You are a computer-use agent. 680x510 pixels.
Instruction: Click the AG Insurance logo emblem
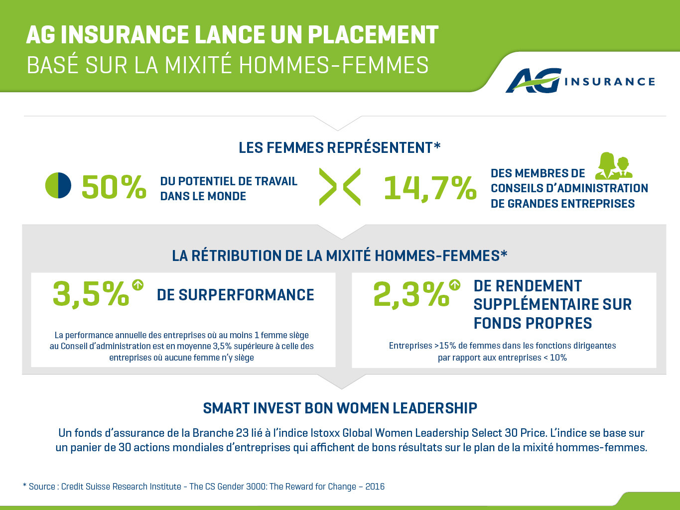click(534, 81)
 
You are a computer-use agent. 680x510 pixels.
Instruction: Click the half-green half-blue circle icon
click(58, 185)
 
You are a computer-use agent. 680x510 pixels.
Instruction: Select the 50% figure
click(114, 187)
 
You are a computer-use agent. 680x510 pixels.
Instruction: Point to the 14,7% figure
click(430, 188)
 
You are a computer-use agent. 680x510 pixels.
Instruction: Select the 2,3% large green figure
click(411, 294)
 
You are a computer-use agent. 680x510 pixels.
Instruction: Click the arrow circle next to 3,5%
click(138, 285)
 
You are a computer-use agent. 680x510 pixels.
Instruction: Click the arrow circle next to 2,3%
click(455, 285)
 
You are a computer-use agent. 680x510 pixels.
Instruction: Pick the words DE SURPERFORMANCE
click(236, 295)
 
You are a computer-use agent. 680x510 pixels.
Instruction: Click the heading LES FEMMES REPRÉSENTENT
click(340, 148)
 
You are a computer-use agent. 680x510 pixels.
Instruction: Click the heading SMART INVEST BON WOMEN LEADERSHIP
click(340, 408)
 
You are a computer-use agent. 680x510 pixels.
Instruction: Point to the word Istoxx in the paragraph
click(325, 433)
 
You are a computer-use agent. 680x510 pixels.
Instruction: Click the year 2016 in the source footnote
click(375, 487)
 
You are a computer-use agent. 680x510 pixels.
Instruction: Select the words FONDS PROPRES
click(533, 323)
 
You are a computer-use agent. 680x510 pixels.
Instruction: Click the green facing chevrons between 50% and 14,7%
click(340, 187)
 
